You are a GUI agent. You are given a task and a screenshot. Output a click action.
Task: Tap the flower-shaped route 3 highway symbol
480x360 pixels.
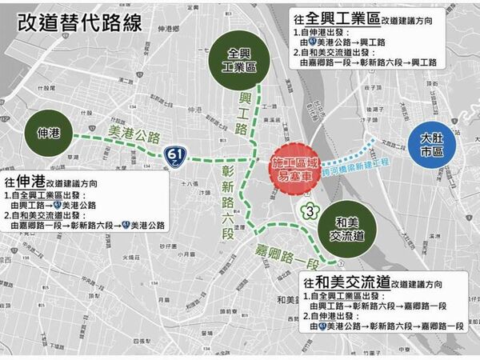coord(308,211)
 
